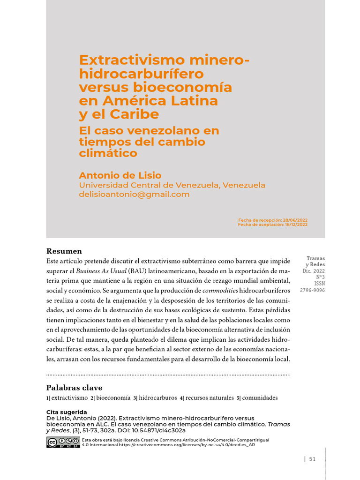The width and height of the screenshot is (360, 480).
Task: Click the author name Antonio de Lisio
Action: point(120,175)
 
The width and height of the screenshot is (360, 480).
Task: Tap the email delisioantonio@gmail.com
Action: point(134,194)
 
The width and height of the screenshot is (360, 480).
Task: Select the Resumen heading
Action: point(64,251)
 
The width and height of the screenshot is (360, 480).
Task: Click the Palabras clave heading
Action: point(74,388)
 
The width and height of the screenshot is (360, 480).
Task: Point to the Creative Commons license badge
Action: point(63,442)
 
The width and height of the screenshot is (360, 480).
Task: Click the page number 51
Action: point(312,459)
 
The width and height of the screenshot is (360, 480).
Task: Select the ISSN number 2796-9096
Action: point(312,290)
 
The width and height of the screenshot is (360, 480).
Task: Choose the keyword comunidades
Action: point(260,398)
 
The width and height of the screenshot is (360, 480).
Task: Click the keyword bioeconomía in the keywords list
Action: point(113,398)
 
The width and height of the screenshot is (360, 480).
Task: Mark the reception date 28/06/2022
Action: point(295,220)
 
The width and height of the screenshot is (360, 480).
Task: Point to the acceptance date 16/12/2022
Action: point(296,225)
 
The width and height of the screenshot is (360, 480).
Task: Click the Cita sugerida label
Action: point(67,412)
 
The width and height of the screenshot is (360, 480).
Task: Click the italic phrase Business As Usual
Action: point(101,271)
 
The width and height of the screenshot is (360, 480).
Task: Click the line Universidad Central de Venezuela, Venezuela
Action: point(172,185)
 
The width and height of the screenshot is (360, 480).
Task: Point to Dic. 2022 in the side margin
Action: point(314,271)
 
